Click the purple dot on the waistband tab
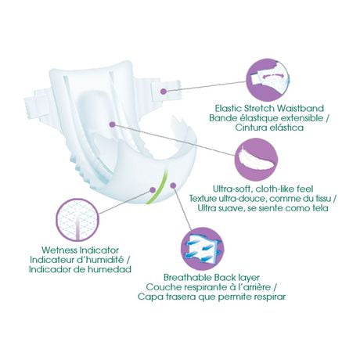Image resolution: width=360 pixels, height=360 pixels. (164, 92)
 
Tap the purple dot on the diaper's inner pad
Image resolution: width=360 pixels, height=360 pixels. (113, 124)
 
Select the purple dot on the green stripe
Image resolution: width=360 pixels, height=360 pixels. (153, 189)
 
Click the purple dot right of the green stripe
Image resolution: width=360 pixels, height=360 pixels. (173, 185)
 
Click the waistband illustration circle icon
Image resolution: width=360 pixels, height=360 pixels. (268, 80)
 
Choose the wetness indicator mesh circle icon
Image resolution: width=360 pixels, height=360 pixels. (78, 220)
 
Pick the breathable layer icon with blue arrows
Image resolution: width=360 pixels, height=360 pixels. (203, 249)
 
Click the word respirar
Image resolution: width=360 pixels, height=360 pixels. (270, 297)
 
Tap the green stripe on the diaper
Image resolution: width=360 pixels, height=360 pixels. (159, 185)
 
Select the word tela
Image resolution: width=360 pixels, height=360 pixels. (319, 208)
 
